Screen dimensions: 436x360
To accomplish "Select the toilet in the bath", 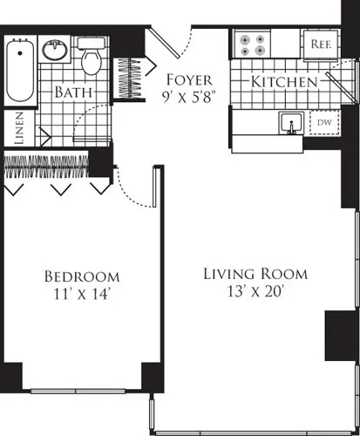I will (x=91, y=58).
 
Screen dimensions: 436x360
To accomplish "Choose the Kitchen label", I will (x=284, y=82).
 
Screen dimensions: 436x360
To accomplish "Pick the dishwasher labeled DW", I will (x=323, y=123).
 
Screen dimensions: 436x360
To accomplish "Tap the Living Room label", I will (x=255, y=274).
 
